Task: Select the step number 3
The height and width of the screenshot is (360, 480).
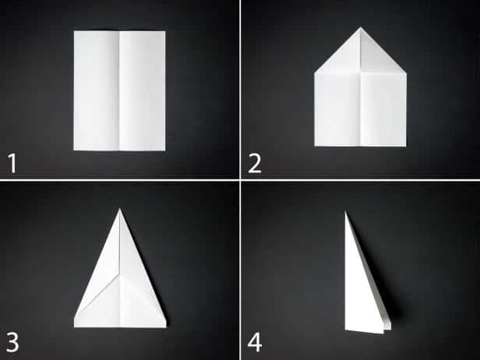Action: (12, 341)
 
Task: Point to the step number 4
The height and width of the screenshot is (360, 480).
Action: (255, 341)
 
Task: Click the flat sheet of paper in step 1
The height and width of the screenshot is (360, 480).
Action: (120, 90)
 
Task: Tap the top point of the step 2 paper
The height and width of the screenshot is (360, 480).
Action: (361, 28)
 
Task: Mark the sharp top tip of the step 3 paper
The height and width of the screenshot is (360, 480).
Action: (119, 209)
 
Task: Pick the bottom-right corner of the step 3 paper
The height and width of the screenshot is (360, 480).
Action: (166, 326)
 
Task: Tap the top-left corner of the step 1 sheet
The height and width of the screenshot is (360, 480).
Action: (75, 31)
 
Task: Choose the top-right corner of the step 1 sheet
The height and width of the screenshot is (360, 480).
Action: (165, 32)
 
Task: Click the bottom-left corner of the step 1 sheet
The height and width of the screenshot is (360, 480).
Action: (75, 149)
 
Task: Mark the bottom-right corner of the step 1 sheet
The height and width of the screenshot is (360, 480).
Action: (165, 150)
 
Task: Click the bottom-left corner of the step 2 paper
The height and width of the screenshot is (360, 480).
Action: (315, 145)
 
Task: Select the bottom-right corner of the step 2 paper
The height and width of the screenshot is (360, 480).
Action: (406, 146)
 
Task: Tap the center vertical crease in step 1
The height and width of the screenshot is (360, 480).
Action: (119, 90)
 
